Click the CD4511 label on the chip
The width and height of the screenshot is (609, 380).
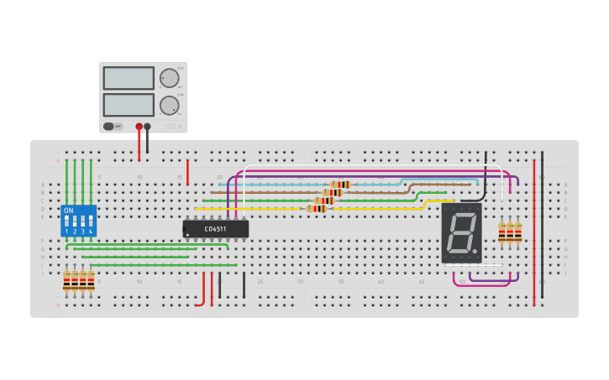tap(216, 228)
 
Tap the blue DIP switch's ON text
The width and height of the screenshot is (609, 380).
tap(69, 210)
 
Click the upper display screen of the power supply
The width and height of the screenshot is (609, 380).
tap(129, 78)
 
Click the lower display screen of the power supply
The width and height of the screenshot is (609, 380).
tap(129, 105)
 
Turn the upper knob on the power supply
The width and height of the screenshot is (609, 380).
tap(170, 78)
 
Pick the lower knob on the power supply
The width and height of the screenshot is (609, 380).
tap(170, 106)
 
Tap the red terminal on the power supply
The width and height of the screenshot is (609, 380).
tap(139, 127)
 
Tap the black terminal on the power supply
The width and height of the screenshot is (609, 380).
tap(148, 127)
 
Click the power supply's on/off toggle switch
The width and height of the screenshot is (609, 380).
tap(108, 127)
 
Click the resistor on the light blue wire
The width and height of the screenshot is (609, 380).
tap(340, 184)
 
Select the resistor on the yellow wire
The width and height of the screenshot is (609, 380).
tap(317, 208)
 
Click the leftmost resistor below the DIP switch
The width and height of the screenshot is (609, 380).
tap(67, 281)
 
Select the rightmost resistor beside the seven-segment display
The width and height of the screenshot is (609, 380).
tap(518, 232)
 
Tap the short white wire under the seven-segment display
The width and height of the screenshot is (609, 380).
tap(487, 265)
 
